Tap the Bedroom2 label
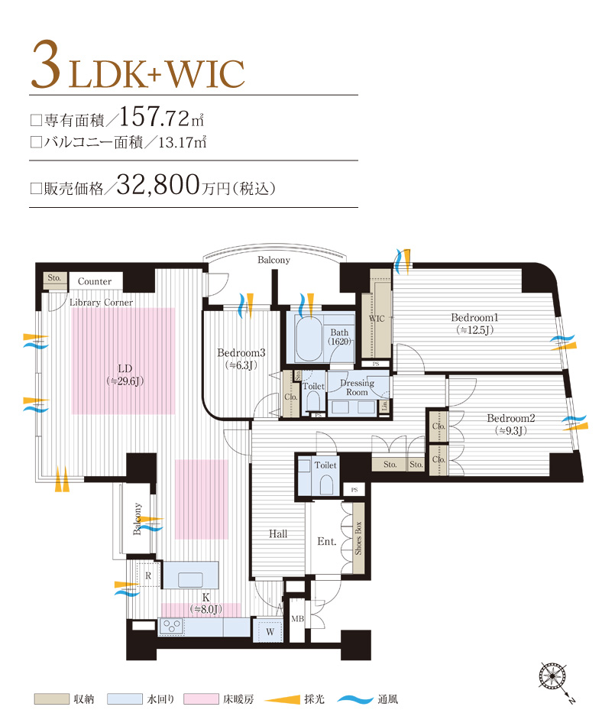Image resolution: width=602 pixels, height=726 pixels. [x=510, y=418]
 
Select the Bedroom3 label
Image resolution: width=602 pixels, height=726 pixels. [x=241, y=353]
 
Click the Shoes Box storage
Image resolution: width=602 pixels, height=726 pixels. [x=358, y=538]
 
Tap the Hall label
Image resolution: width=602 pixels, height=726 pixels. [x=278, y=534]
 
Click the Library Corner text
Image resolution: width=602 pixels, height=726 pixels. [x=101, y=303]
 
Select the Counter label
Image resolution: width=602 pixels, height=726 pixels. [x=95, y=281]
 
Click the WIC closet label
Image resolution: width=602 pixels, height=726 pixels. [x=377, y=319]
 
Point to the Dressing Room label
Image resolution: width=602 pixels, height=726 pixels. [x=357, y=387]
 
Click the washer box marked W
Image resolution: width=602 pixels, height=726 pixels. [x=267, y=631]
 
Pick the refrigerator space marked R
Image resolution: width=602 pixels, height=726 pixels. [x=147, y=575]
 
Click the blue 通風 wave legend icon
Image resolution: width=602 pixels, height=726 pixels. [x=354, y=698]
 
